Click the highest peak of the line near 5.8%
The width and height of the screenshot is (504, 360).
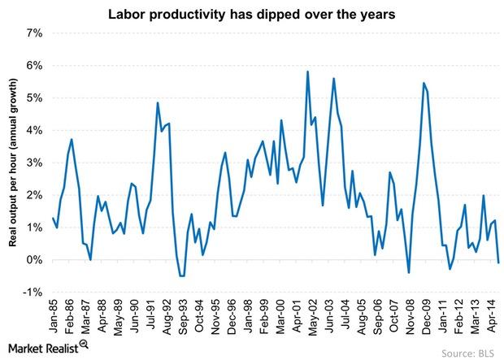pyautogui.click(x=307, y=72)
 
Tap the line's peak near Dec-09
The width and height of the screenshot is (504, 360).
pyautogui.click(x=424, y=83)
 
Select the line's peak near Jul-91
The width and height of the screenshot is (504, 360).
pyautogui.click(x=157, y=102)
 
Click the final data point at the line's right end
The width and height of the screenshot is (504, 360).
pyautogui.click(x=498, y=262)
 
